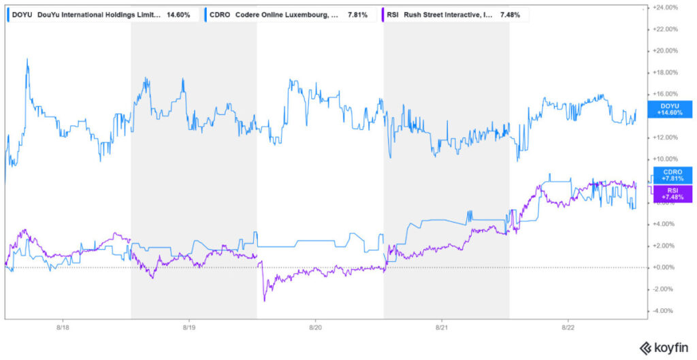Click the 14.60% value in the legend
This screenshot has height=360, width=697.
click(x=178, y=14)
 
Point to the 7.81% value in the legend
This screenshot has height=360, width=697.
click(x=357, y=14)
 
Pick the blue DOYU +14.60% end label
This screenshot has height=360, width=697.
click(x=672, y=109)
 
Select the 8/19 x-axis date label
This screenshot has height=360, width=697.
click(x=189, y=327)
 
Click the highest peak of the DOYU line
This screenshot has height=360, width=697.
click(x=27, y=60)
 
